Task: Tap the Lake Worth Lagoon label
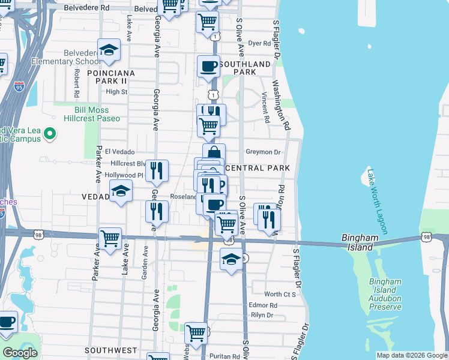(x=376, y=201)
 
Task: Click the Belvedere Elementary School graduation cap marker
(x=109, y=50)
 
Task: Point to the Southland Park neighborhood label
(x=245, y=68)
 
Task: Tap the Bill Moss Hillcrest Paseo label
(x=88, y=114)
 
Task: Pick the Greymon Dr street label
(x=263, y=152)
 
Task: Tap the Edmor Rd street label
(x=263, y=305)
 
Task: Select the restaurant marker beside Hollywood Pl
(x=157, y=171)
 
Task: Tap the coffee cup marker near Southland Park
(x=208, y=66)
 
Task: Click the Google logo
(x=20, y=353)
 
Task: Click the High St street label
(x=116, y=92)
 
